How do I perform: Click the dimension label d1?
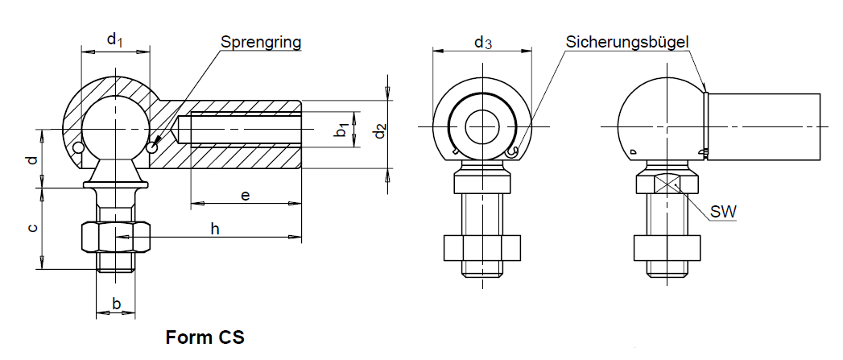coord(114,38)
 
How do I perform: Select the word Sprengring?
coord(262,42)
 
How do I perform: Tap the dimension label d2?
coord(381,129)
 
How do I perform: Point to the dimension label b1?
coord(341,129)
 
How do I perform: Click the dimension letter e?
coord(246,195)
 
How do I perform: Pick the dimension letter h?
coord(215,229)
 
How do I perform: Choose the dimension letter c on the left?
coord(32,228)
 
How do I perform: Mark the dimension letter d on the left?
coord(32,159)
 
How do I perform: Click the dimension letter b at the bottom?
coord(116,304)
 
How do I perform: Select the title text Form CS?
coord(205,337)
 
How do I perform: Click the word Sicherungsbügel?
coord(627,41)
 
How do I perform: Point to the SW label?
coord(724,212)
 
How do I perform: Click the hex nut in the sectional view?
coord(116,238)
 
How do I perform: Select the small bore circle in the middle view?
coord(482,126)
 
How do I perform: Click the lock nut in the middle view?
coord(482,248)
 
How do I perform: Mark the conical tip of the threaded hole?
coord(178,129)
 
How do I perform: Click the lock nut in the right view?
coord(665,248)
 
